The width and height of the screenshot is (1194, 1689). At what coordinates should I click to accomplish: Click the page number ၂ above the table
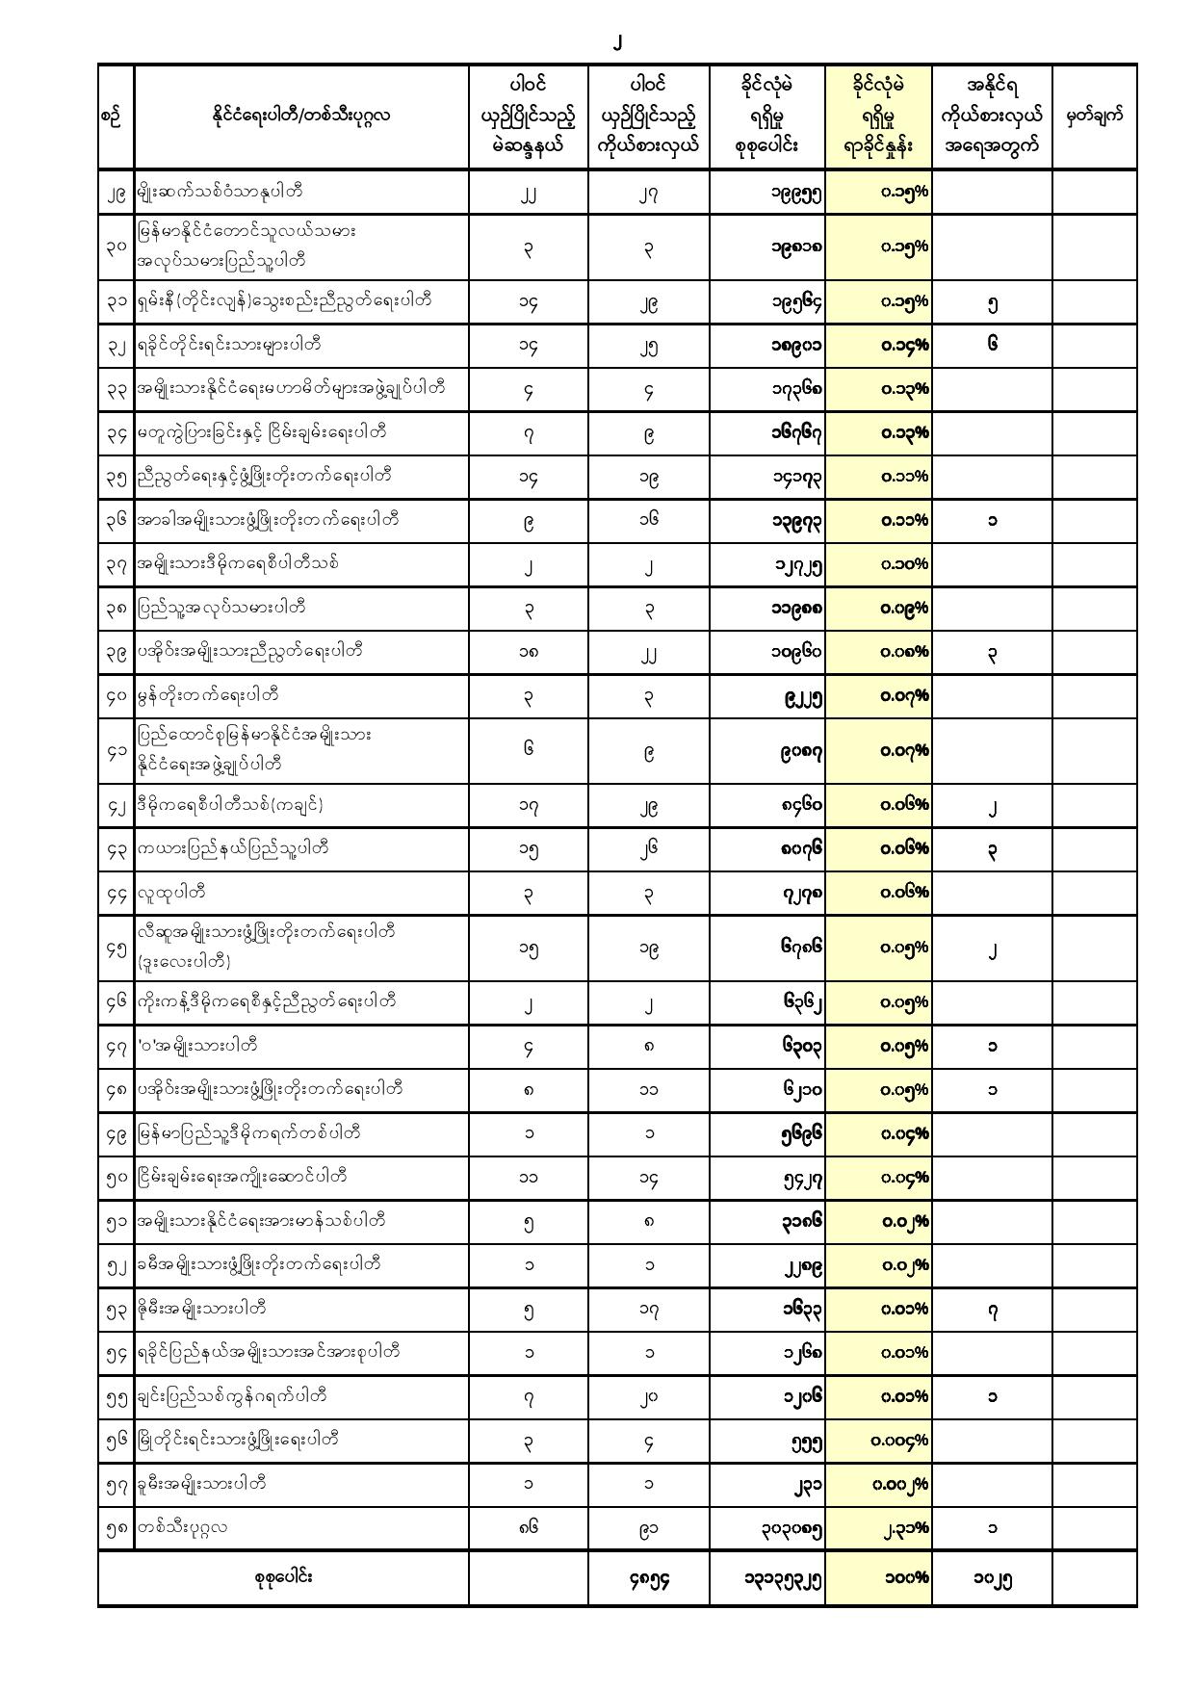pos(617,43)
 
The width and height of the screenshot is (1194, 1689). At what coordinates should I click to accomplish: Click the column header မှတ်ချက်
pos(1095,117)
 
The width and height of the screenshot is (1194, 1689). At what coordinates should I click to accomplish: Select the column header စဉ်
pos(112,117)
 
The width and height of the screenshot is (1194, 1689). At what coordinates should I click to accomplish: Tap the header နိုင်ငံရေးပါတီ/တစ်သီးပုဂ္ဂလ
pos(300,117)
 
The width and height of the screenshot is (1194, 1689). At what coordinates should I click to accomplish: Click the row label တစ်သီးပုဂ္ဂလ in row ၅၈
pos(183,1526)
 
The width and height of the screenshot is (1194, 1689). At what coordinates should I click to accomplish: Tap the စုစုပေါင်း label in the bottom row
pos(283,1577)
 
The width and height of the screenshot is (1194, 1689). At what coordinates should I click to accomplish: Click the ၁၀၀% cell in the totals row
pos(906,1577)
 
